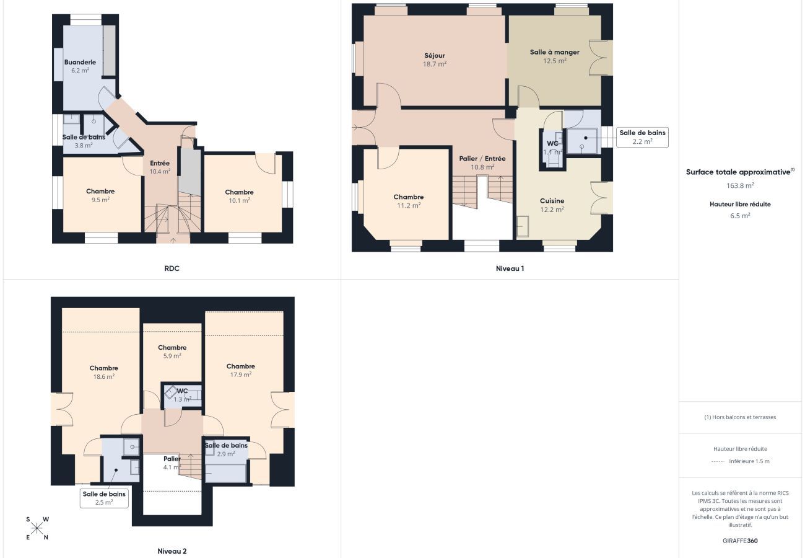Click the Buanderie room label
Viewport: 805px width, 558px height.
click(x=80, y=62)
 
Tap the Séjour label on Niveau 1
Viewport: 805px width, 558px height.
click(x=435, y=55)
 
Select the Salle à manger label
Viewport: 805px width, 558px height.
click(x=554, y=52)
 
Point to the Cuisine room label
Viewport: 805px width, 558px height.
click(x=552, y=201)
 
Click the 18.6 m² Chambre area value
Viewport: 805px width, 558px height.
click(x=104, y=377)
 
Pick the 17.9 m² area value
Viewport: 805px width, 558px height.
click(x=240, y=374)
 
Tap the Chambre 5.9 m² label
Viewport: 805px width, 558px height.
click(x=172, y=352)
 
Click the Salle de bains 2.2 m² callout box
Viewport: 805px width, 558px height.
click(x=642, y=137)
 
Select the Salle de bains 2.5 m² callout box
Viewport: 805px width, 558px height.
click(x=104, y=498)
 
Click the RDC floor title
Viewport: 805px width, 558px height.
click(x=172, y=268)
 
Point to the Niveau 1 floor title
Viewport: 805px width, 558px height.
click(x=510, y=268)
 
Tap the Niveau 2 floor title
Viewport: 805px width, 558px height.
click(x=172, y=551)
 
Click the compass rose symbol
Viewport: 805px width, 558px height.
click(x=37, y=528)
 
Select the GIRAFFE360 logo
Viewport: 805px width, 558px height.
click(x=740, y=541)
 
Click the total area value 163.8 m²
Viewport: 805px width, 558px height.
click(x=740, y=185)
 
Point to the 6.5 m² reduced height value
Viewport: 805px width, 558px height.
click(x=740, y=216)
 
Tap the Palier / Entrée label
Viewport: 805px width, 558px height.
click(x=482, y=158)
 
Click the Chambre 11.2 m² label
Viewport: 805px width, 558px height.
click(x=409, y=201)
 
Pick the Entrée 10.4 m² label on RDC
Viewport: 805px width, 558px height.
click(x=160, y=167)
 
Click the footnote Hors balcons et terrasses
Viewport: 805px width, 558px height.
click(x=740, y=417)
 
